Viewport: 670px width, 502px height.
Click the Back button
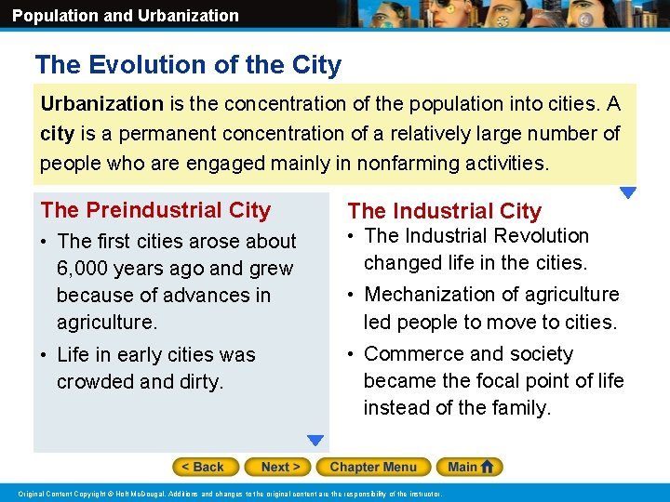[205, 467]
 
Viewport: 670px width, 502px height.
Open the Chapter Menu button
[373, 467]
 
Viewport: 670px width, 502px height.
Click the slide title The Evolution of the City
[188, 65]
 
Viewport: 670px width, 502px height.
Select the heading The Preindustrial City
[155, 210]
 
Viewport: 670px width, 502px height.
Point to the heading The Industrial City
[444, 211]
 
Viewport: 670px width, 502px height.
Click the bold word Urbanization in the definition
[101, 104]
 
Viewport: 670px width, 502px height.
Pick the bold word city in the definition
[57, 134]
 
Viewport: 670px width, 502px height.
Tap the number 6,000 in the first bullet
[81, 269]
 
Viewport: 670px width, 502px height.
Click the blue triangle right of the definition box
[628, 193]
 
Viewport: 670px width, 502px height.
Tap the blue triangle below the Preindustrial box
[316, 441]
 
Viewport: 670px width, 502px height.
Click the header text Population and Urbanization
[126, 16]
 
